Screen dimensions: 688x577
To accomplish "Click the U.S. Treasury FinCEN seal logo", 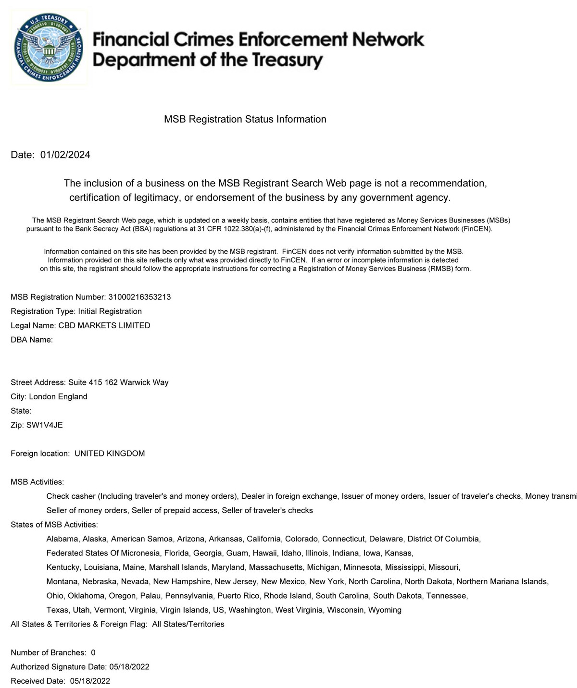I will [x=49, y=49].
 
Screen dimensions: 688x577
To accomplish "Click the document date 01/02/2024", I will [x=65, y=155].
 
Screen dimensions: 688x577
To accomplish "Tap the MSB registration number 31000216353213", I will [x=139, y=297].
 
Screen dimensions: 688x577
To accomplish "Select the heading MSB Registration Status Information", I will [x=245, y=119].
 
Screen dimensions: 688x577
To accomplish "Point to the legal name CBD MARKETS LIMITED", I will [x=104, y=325].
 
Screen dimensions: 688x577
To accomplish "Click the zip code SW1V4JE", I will [x=44, y=425].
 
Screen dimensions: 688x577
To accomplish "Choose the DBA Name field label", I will [x=31, y=340].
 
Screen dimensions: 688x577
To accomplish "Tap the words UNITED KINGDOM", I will [x=110, y=453].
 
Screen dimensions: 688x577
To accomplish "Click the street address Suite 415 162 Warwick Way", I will [x=118, y=382].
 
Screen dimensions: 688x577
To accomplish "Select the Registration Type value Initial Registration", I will [x=110, y=311].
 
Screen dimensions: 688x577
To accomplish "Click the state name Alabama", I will [x=62, y=539].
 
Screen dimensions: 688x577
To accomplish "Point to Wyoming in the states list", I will [x=385, y=610].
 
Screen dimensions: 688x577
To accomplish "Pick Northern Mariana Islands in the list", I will [x=502, y=581].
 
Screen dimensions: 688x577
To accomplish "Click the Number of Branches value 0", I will [x=93, y=652].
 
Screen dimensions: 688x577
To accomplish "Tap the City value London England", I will [x=58, y=396].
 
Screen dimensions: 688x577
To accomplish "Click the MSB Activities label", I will [x=37, y=482].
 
